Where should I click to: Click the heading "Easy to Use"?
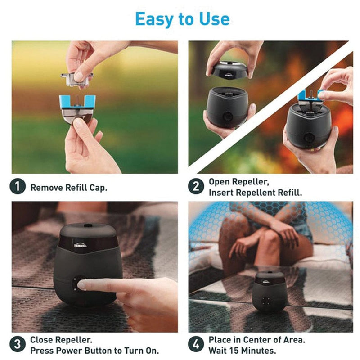[182, 19]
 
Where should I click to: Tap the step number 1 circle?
[18, 186]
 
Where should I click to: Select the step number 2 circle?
[196, 186]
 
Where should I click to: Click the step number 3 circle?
[18, 345]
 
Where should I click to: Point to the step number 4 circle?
[196, 345]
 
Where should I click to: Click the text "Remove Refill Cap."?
[69, 187]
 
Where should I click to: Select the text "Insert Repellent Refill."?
[255, 192]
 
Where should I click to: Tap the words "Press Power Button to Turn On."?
[94, 350]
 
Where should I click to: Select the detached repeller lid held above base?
[229, 70]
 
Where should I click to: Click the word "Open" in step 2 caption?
[219, 182]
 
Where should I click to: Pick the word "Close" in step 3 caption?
[41, 340]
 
